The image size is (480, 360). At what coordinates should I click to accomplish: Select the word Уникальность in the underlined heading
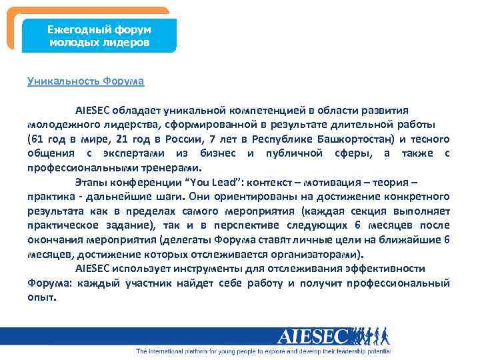(x=63, y=82)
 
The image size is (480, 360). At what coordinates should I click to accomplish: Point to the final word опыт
(x=41, y=298)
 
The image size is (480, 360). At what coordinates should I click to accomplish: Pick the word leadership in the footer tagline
(x=345, y=351)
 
